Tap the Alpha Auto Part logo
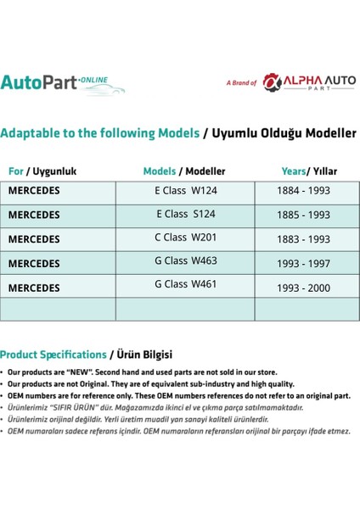(x=309, y=82)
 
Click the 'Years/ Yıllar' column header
(x=308, y=171)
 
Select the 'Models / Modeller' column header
(x=185, y=171)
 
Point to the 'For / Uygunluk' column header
(x=42, y=171)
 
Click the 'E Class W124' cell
(x=186, y=192)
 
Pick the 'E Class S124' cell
(x=186, y=215)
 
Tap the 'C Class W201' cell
(x=186, y=239)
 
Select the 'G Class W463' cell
(x=186, y=262)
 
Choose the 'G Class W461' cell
(x=186, y=285)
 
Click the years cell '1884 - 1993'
(x=303, y=193)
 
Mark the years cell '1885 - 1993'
(x=303, y=216)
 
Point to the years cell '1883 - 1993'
(x=303, y=240)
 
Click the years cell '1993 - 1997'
(x=303, y=264)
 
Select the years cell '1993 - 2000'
(x=303, y=288)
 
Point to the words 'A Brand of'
(x=241, y=83)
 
